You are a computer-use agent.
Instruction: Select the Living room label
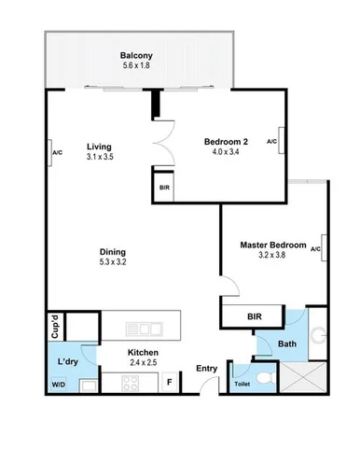(100, 147)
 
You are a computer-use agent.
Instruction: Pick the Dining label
(114, 251)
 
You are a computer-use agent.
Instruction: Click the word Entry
(206, 368)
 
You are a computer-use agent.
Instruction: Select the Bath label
(286, 344)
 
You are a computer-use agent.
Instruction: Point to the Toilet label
(242, 384)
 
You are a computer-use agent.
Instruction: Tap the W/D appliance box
(59, 384)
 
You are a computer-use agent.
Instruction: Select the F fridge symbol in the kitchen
(169, 381)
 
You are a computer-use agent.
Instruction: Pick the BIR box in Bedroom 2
(165, 187)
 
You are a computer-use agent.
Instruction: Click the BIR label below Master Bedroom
(254, 317)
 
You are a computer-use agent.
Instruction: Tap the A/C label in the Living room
(57, 152)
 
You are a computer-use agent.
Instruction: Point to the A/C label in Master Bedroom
(315, 248)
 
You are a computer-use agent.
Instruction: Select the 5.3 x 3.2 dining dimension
(114, 263)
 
